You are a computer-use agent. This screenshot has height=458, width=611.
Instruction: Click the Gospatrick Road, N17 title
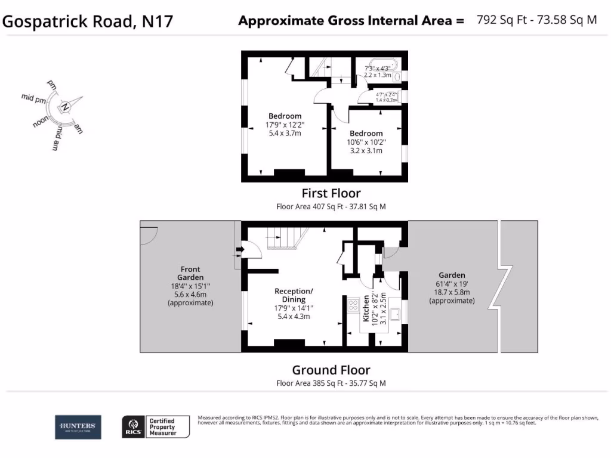point(88,21)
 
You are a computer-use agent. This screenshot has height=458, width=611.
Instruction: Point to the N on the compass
point(66,107)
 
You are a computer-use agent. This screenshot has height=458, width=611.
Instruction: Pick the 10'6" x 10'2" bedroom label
point(366,143)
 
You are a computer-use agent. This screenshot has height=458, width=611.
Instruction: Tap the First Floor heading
point(331,193)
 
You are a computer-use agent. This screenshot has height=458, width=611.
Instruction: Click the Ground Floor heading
point(331,370)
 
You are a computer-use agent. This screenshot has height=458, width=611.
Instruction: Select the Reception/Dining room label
point(294,295)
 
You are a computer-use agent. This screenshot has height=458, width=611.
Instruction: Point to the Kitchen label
point(367,309)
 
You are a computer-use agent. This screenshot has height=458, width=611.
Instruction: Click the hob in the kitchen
point(352,305)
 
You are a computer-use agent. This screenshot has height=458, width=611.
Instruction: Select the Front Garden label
point(190,274)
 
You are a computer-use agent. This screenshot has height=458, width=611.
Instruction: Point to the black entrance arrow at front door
point(240,249)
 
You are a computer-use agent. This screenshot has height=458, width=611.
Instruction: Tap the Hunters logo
point(78,426)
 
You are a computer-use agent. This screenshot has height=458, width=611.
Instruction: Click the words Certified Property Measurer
point(162,426)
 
